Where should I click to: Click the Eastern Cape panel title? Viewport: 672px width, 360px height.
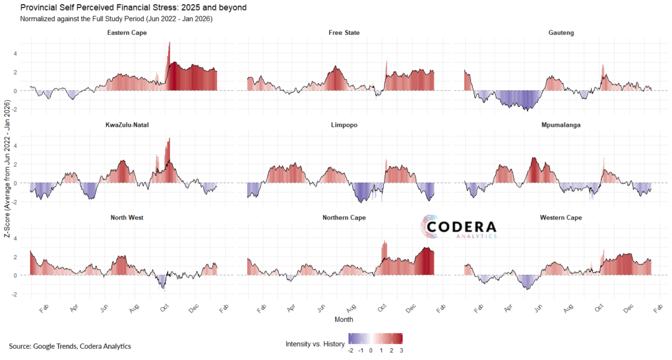(x=127, y=32)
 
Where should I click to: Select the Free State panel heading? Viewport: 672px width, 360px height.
(x=344, y=32)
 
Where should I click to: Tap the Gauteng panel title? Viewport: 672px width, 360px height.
(x=561, y=32)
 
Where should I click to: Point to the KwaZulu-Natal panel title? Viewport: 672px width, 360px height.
(x=127, y=125)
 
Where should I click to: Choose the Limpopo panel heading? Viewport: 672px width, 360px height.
(x=344, y=125)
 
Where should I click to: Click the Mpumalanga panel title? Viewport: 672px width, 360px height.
(x=561, y=125)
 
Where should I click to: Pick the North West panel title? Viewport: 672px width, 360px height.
(x=127, y=218)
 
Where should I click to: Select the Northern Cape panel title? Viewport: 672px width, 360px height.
(x=344, y=218)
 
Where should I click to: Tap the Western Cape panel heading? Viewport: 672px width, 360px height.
(x=561, y=218)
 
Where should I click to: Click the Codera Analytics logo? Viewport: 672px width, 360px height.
(x=461, y=228)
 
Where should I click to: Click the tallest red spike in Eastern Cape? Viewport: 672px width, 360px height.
(x=169, y=45)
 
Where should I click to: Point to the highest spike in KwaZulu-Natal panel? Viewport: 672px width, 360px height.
(x=169, y=140)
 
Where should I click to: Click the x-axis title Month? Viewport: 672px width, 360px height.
(x=343, y=319)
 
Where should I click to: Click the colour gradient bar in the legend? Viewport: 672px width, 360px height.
(x=376, y=338)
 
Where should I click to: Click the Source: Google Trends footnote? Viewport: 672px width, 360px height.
(x=70, y=346)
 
